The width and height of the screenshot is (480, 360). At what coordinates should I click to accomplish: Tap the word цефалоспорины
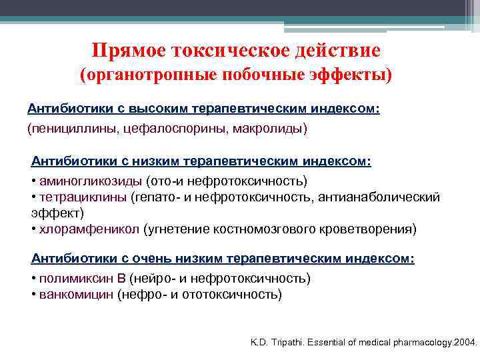[x=175, y=127]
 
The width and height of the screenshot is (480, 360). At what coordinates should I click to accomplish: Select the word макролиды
[x=269, y=127]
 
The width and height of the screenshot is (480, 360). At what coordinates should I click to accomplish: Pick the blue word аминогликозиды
[x=90, y=181]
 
